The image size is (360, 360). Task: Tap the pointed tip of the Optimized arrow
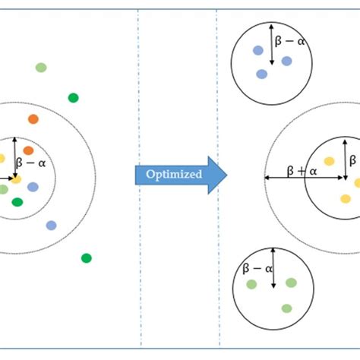pyautogui.click(x=226, y=175)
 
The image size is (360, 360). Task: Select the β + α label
pyautogui.click(x=302, y=172)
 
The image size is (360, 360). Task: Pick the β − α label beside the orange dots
pyautogui.click(x=34, y=161)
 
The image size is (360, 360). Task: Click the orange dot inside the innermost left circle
pyautogui.click(x=28, y=150)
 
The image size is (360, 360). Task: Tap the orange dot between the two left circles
pyautogui.click(x=33, y=118)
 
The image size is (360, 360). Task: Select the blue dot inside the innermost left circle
pyautogui.click(x=33, y=187)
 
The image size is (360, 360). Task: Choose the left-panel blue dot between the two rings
pyautogui.click(x=51, y=225)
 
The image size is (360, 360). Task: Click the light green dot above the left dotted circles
pyautogui.click(x=41, y=68)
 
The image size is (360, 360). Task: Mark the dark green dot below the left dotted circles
pyautogui.click(x=87, y=258)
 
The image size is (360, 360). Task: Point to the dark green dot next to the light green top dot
pyautogui.click(x=73, y=97)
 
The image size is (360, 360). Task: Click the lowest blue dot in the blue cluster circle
pyautogui.click(x=262, y=74)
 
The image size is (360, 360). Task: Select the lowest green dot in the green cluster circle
pyautogui.click(x=286, y=308)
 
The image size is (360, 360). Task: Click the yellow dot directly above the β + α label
pyautogui.click(x=329, y=161)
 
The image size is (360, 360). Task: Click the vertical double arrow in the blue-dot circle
pyautogui.click(x=272, y=44)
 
